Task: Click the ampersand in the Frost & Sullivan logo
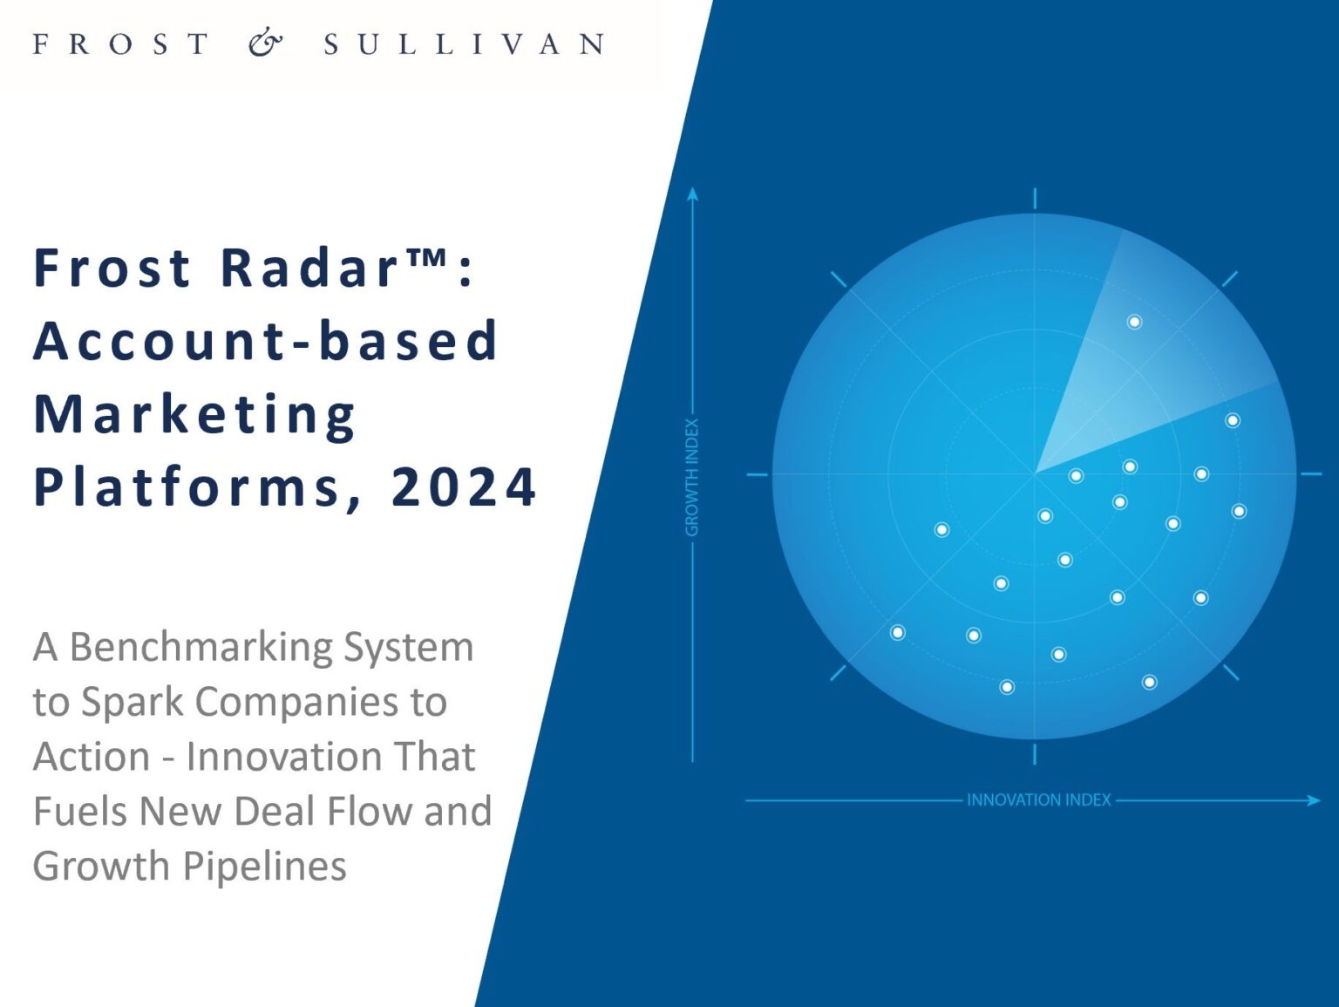coord(265,44)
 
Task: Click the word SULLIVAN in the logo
coord(465,44)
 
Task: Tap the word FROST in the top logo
coord(121,44)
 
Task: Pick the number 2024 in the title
coord(464,488)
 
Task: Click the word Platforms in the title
coord(186,488)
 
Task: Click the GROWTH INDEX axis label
coord(692,477)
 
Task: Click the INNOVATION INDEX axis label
coord(1039,799)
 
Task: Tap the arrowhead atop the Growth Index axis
coord(692,194)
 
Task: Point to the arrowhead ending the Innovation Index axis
coord(1314,800)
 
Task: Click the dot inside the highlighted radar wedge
coord(1135,322)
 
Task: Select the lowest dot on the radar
coord(1007,687)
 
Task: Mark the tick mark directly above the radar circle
coord(1035,199)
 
